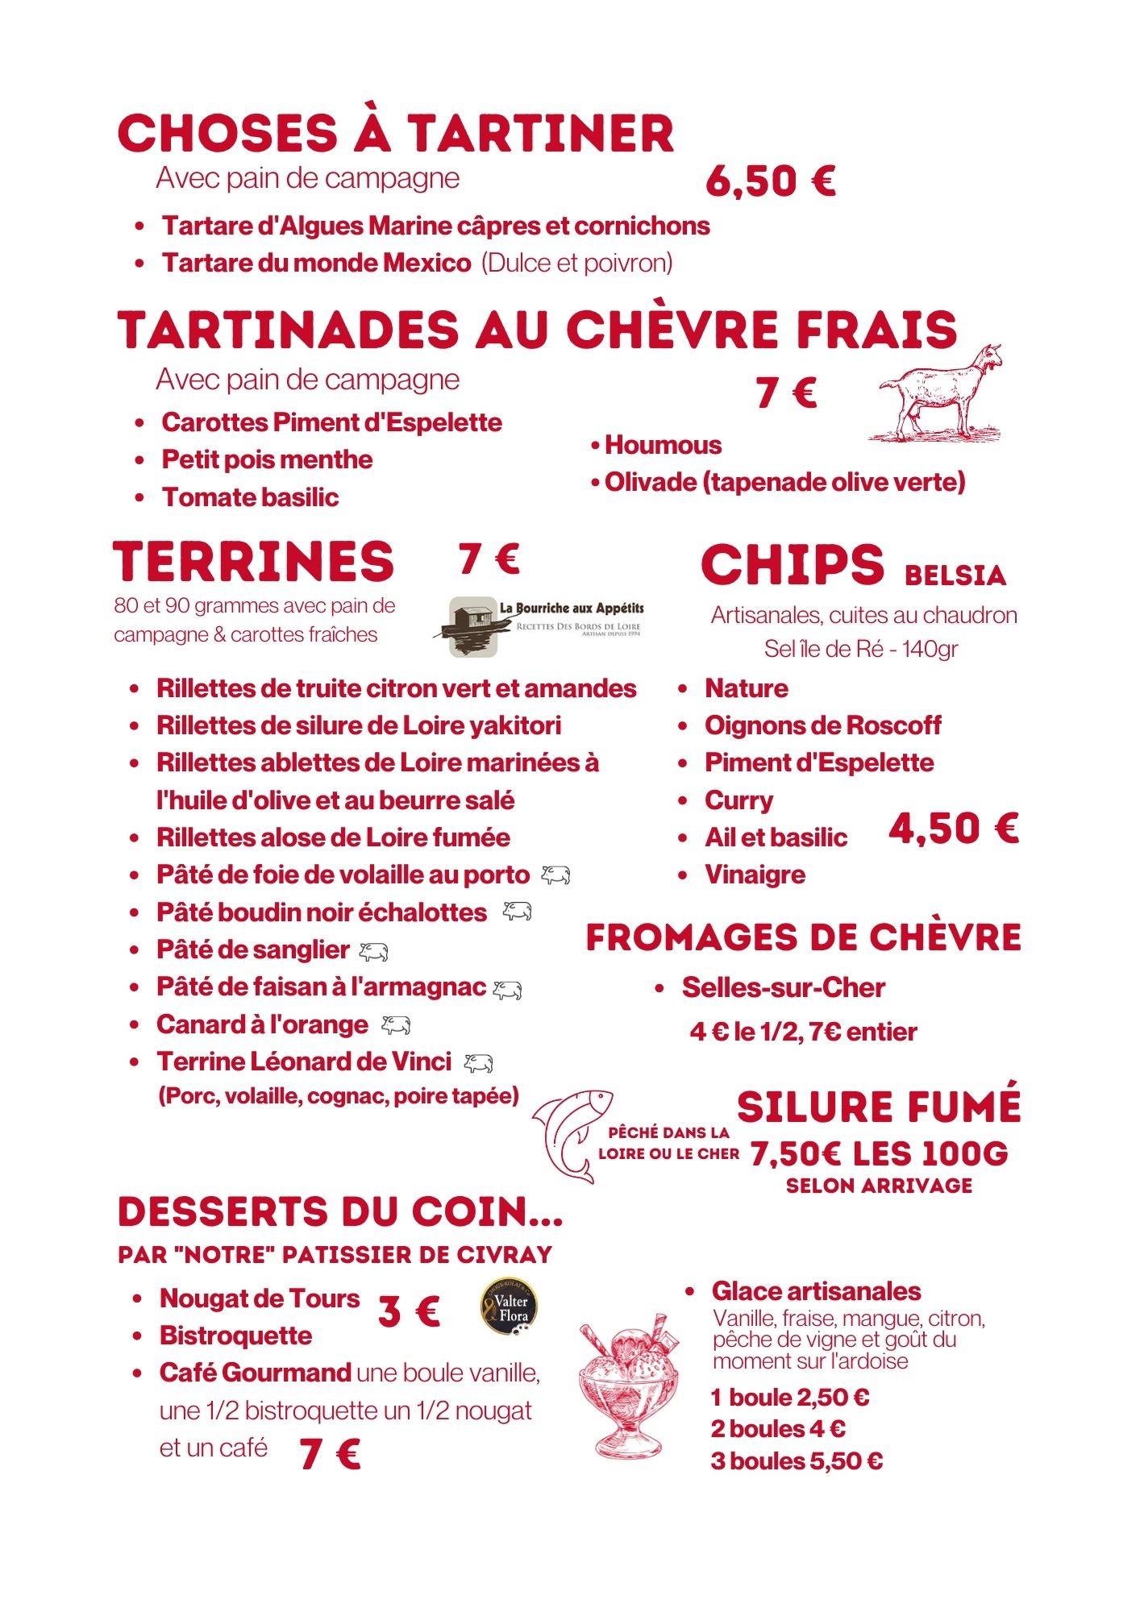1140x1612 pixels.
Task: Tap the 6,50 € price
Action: pyautogui.click(x=770, y=181)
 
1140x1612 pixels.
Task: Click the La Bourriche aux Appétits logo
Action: pyautogui.click(x=546, y=626)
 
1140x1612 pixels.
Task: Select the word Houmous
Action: pyautogui.click(x=663, y=445)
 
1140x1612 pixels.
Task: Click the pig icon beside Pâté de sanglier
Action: pyautogui.click(x=373, y=952)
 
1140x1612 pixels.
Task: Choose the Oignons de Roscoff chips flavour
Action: pyautogui.click(x=822, y=725)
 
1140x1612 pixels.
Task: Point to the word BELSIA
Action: pyautogui.click(x=955, y=575)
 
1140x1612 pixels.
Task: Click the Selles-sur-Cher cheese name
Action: pyautogui.click(x=783, y=987)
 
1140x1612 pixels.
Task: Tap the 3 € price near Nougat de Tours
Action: pyautogui.click(x=409, y=1311)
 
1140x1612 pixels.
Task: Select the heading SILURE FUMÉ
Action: pyautogui.click(x=879, y=1107)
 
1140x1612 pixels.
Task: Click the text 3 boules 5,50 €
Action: pyautogui.click(x=797, y=1460)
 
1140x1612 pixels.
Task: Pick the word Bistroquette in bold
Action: pyautogui.click(x=235, y=1336)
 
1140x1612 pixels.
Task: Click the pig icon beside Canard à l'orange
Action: pyautogui.click(x=396, y=1025)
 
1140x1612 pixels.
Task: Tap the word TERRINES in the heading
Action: pyautogui.click(x=254, y=562)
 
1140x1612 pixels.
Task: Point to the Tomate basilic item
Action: pyautogui.click(x=250, y=497)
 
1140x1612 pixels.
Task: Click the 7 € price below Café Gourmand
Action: pyautogui.click(x=330, y=1455)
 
